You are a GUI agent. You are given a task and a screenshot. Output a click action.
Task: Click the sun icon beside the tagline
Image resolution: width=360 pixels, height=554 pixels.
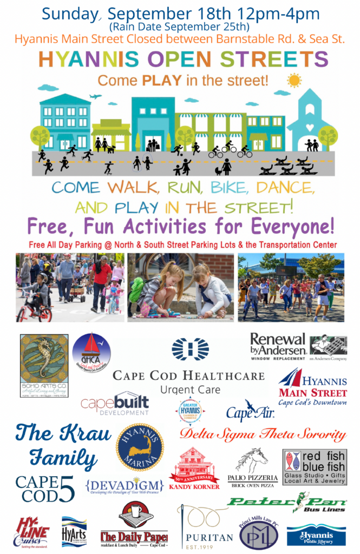294,81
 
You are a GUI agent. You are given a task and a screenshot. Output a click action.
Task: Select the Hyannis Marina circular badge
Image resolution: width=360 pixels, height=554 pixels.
140,447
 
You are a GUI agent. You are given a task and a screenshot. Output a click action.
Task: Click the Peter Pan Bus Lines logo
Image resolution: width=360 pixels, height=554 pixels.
287,504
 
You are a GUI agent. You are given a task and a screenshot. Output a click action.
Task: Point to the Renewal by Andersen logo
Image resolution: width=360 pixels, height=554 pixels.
298,347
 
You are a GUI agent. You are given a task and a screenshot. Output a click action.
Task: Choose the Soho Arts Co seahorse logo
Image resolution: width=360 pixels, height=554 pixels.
44,365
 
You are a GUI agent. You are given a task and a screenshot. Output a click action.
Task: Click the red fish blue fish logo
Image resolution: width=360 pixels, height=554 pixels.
315,466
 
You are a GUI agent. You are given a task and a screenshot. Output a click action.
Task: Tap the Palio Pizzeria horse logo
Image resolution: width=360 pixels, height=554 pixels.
253,469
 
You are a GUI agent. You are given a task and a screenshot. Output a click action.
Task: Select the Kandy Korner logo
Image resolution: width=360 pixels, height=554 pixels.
194,469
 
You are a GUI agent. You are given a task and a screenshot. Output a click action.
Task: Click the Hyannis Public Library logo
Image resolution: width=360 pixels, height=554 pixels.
316,535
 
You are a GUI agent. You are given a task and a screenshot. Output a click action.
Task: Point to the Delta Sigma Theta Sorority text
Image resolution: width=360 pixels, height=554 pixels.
263,434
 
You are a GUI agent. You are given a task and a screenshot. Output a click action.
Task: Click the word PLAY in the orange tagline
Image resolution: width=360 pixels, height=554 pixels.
158,81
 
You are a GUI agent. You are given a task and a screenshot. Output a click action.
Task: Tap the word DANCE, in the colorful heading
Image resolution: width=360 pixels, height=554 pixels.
284,188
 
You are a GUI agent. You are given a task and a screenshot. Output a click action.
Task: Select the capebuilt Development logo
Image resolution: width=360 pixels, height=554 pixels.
115,404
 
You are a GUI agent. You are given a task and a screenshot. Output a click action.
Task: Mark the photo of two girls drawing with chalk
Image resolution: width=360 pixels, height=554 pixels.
180,287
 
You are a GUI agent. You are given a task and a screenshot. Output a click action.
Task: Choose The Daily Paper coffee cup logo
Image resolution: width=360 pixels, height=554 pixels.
134,524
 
